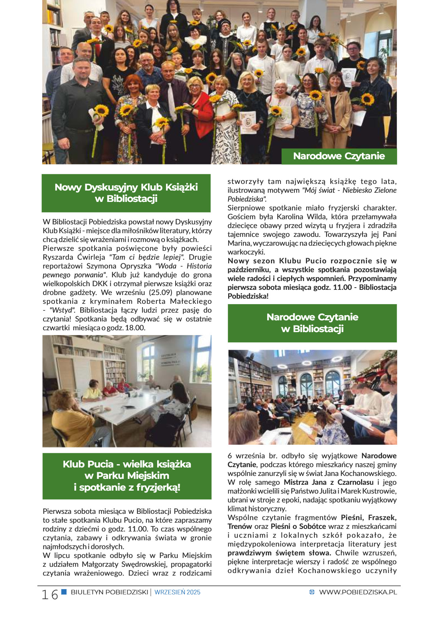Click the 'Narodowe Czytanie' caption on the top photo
coord(339,156)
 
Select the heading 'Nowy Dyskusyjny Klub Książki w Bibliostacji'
coord(126,193)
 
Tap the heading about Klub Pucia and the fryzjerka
coord(127,476)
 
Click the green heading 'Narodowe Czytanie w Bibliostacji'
coord(312,323)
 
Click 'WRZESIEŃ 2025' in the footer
coord(177,592)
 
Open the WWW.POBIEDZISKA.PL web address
coord(358,592)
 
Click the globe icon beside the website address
coord(312,592)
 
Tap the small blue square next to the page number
coord(64,591)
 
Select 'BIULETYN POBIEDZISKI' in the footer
coord(109,592)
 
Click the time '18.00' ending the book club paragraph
coord(135,328)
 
